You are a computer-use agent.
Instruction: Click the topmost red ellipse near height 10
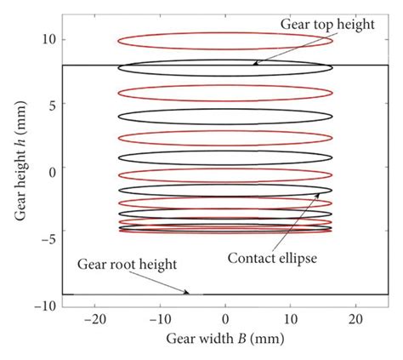pyautogui.click(x=224, y=40)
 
